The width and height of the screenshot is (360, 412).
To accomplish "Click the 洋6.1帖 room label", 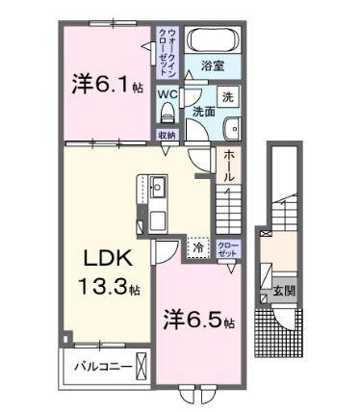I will tap(106, 85).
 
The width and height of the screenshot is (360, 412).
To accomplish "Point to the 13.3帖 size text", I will tap(108, 287).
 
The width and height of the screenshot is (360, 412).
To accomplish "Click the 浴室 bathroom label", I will tap(213, 66).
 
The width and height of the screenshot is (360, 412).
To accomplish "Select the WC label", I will tap(167, 93).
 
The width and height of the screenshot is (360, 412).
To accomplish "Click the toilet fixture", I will tap(167, 110).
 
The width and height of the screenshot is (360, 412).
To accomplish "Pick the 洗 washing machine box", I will tap(228, 96).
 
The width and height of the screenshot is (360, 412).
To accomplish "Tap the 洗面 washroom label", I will tap(203, 112).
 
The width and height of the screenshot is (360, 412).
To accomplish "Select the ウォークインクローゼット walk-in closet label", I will tap(168, 53).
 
